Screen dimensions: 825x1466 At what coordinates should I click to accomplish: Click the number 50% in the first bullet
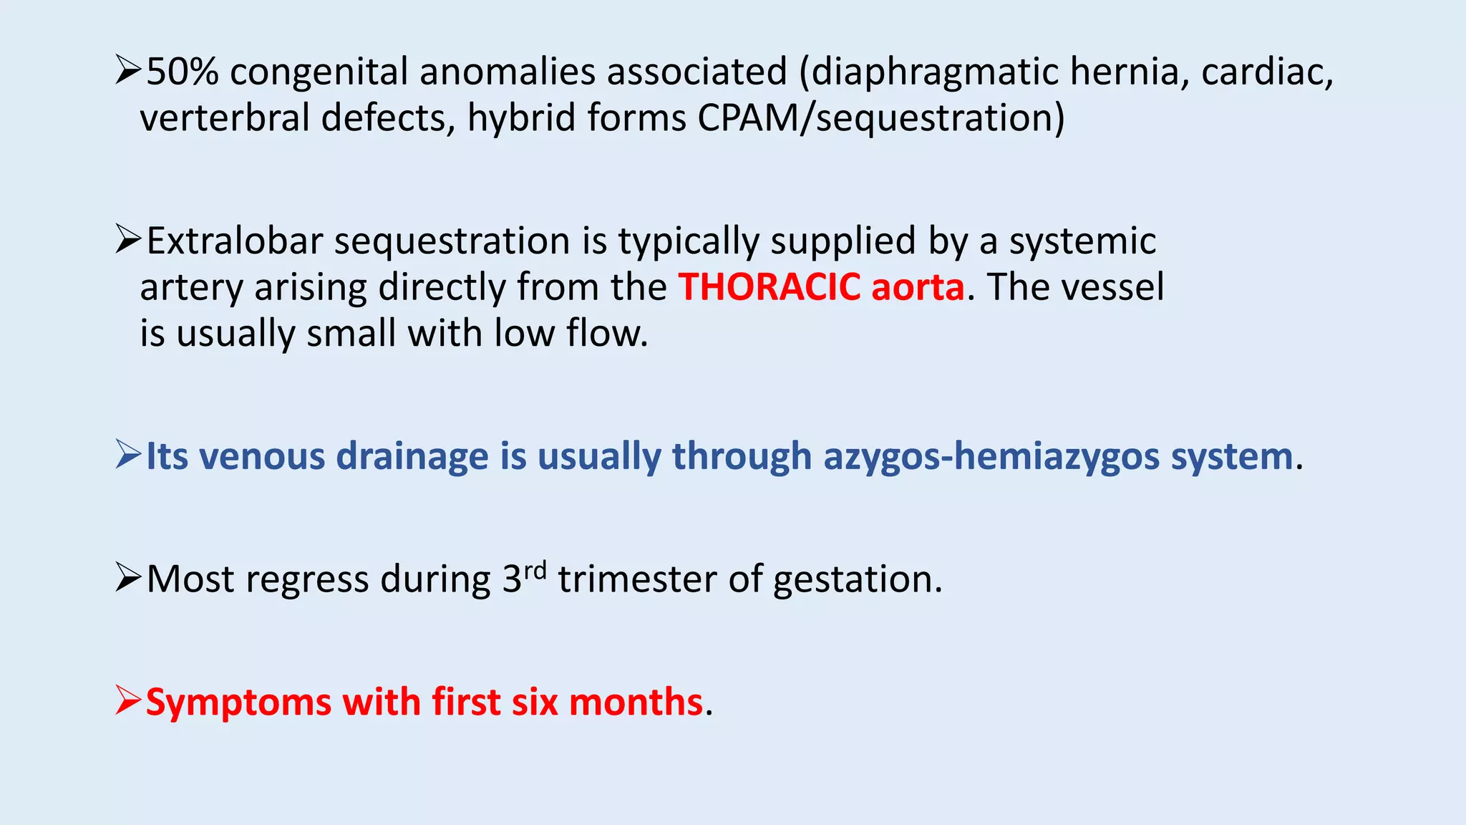pos(183,72)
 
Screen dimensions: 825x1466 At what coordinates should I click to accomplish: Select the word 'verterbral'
pos(224,118)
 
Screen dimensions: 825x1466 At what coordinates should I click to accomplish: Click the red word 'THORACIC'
pos(770,287)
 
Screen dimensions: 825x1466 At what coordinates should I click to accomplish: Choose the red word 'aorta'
pos(918,287)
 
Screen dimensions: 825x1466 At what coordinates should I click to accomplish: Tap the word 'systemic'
pos(1082,241)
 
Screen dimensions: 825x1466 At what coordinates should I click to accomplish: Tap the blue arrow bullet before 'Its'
pos(128,455)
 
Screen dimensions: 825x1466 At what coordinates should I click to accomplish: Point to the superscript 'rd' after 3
pos(535,571)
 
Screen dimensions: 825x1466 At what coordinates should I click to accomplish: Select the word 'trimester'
pos(637,579)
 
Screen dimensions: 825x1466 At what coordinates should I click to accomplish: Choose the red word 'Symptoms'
pos(238,703)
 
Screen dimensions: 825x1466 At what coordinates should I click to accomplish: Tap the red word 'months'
pos(636,703)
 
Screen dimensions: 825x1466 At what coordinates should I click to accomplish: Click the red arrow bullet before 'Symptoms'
pos(128,700)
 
